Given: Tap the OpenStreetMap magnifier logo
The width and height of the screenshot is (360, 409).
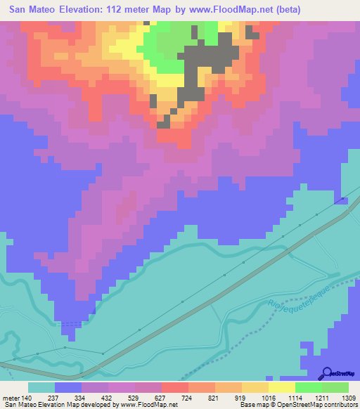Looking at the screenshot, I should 327,373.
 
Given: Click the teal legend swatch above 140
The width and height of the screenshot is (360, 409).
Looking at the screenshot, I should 41,387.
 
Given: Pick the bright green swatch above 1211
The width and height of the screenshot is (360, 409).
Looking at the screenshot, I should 309,387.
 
